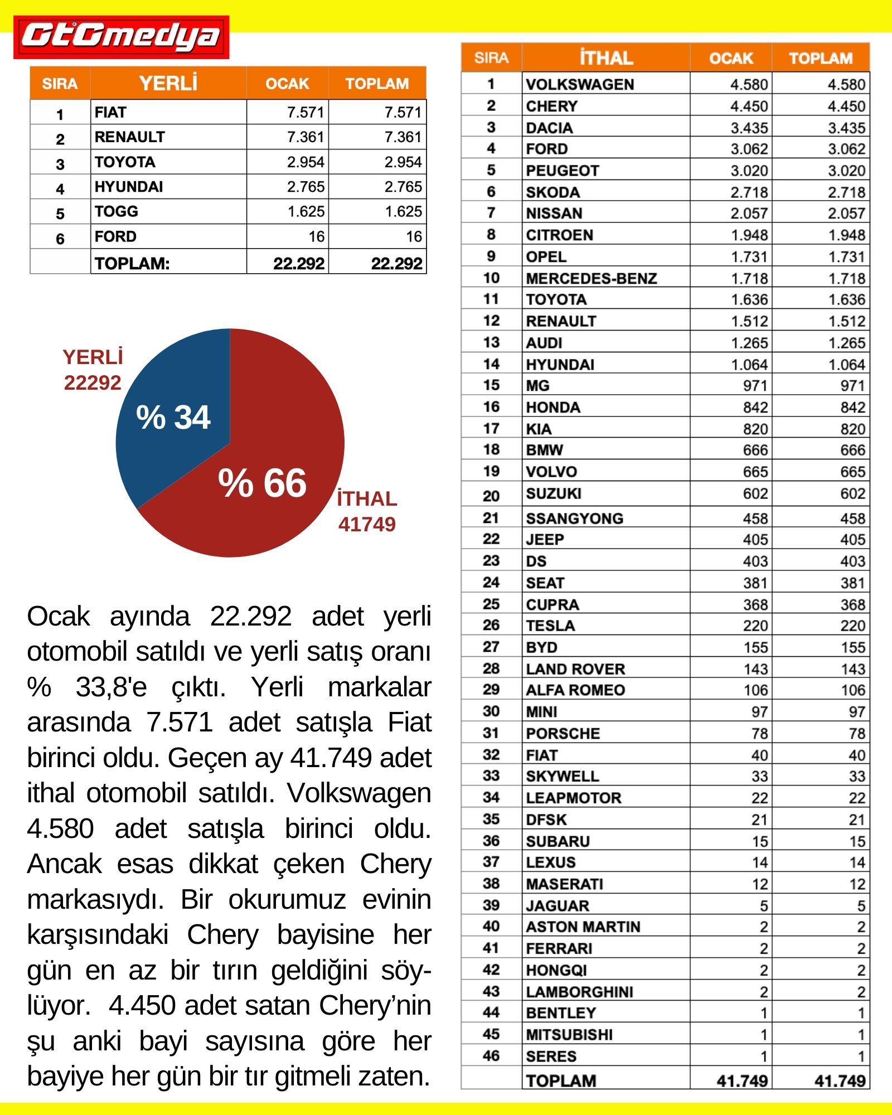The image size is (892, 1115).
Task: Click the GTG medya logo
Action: pos(121,37)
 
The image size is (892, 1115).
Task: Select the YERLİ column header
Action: pos(168,84)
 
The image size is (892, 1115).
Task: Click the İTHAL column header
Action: pos(605,58)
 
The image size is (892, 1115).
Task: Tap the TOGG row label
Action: pos(117,212)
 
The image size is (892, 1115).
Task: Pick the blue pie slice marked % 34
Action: pos(173,417)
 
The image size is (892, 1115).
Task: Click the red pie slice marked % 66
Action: pos(262,483)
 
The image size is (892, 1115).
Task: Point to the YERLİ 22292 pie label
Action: pos(93,370)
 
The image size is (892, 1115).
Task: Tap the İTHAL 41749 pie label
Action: pos(367,511)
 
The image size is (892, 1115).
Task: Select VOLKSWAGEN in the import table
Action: pos(580,85)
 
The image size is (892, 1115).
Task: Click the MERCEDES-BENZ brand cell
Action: pos(591,278)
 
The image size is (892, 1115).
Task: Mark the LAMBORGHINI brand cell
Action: pos(579,992)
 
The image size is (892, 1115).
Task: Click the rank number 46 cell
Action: pos(491,1056)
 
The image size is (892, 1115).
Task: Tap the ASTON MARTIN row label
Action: pos(583,927)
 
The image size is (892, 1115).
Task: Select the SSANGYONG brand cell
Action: pos(574,518)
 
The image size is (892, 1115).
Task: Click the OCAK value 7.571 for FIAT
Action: pos(305,113)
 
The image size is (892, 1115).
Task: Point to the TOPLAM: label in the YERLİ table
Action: pos(132,263)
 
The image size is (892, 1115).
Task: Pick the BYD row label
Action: pos(541,647)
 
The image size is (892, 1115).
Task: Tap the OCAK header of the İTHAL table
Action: pos(730,58)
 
